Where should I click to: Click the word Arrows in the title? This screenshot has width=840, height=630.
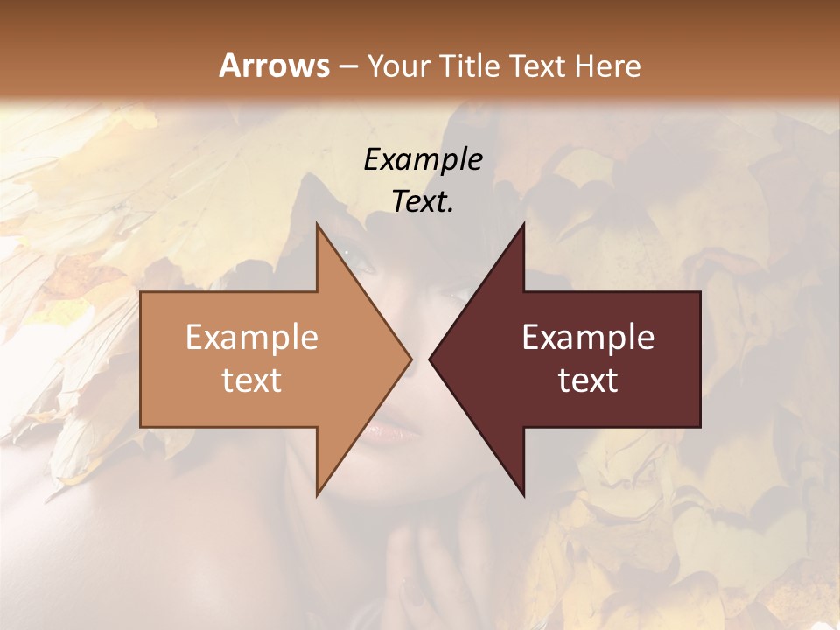(274, 66)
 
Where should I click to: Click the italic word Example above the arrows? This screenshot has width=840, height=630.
(423, 160)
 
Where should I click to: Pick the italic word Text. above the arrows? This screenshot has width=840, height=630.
(423, 201)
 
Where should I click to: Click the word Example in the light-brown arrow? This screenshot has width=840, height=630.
(252, 337)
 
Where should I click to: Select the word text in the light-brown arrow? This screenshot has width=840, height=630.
(252, 381)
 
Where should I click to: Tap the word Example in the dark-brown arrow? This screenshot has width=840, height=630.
(588, 337)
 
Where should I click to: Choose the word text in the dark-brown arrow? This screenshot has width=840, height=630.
(588, 381)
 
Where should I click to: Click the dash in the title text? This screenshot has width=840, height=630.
(347, 66)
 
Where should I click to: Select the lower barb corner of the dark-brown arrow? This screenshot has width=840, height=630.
(523, 495)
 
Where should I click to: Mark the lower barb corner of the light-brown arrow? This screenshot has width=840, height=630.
(318, 495)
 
